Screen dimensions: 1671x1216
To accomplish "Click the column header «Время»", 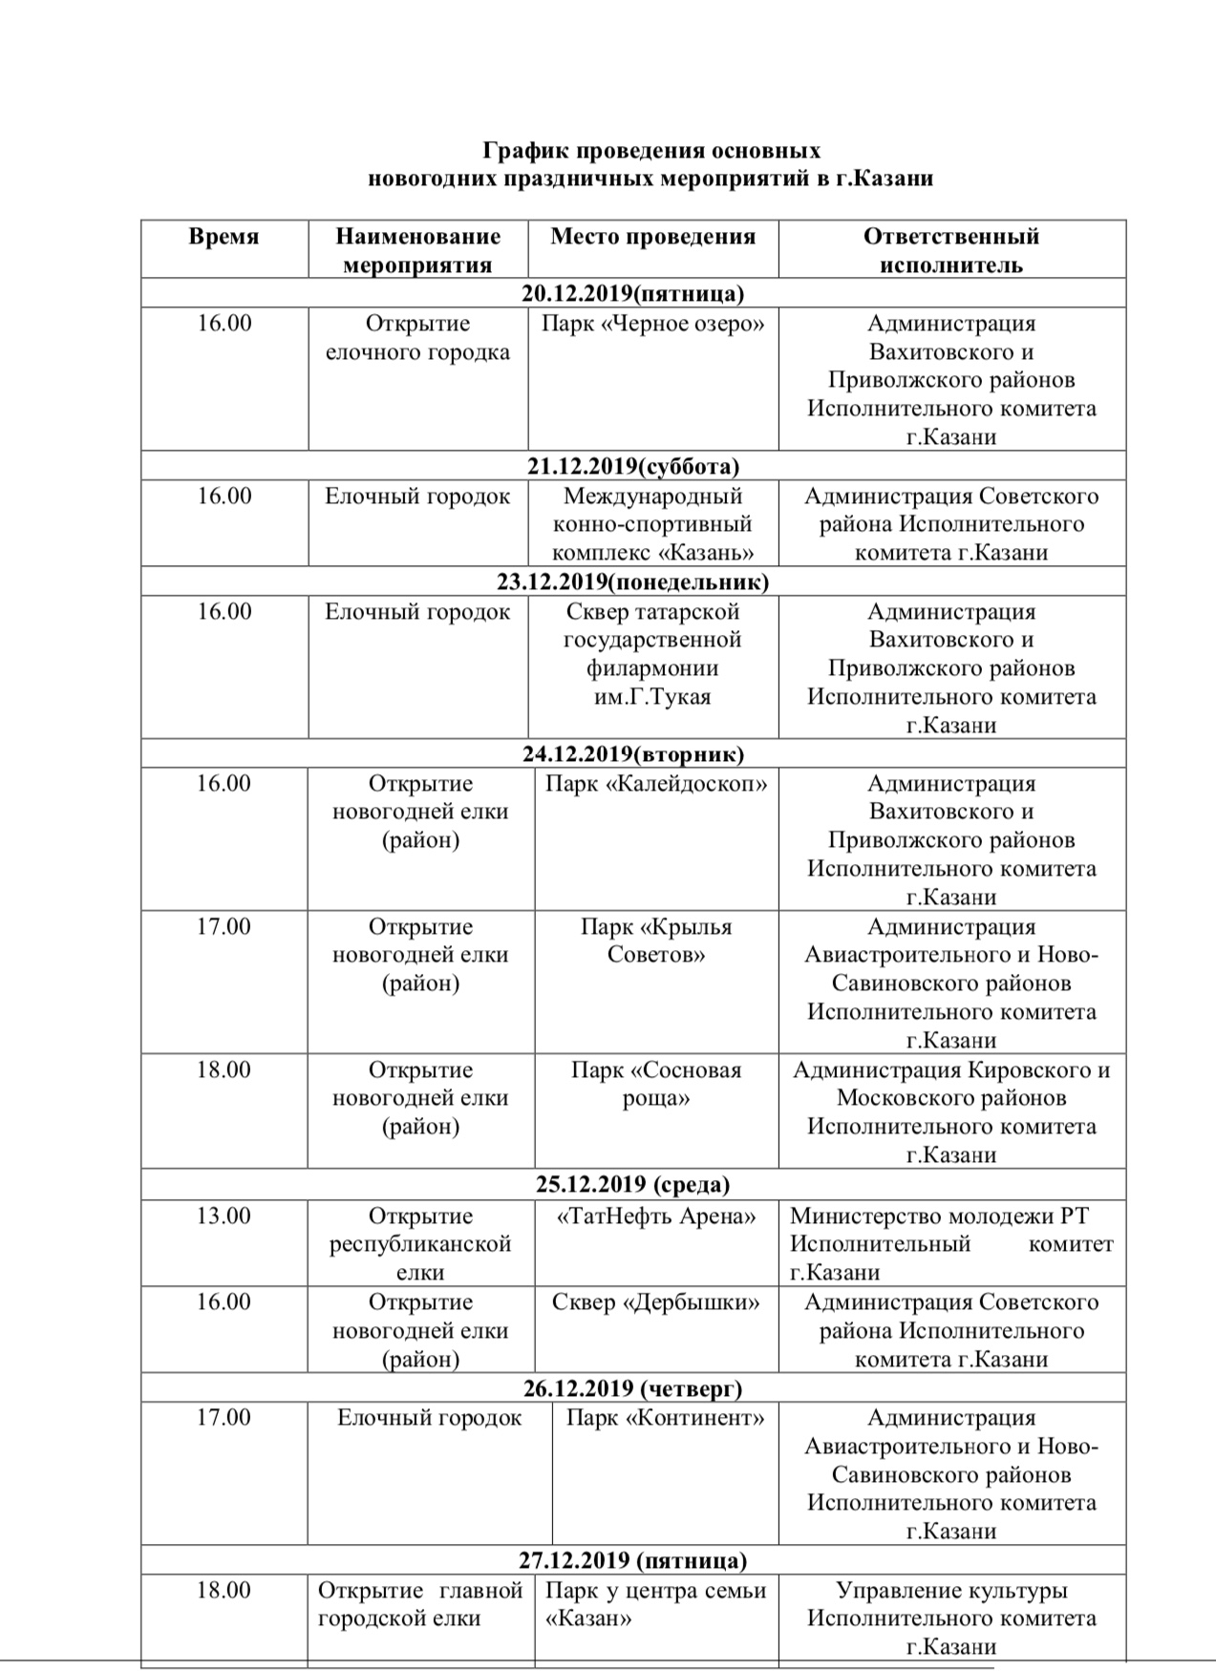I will [x=224, y=237].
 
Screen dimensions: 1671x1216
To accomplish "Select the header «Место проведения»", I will [x=652, y=237].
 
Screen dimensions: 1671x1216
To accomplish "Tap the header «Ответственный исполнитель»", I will [x=950, y=250].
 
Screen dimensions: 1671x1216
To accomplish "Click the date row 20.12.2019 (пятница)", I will [x=632, y=293].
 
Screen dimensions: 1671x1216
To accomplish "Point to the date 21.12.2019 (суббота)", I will [x=632, y=466].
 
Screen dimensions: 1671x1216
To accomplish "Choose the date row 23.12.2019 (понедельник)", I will [x=632, y=582].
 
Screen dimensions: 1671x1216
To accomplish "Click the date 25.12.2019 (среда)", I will [x=632, y=1185].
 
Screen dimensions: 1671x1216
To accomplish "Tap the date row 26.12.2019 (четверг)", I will [x=632, y=1388].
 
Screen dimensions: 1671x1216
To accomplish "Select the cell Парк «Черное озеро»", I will [x=653, y=324].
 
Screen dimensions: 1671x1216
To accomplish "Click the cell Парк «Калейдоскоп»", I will [x=656, y=784].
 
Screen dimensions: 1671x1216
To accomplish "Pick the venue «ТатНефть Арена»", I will [x=656, y=1216].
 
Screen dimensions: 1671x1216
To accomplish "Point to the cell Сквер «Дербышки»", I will [x=656, y=1302].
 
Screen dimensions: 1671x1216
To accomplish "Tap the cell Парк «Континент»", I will [x=665, y=1418].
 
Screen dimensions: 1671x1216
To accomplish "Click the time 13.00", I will [x=224, y=1216].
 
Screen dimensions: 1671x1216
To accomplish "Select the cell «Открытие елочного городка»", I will [x=418, y=338].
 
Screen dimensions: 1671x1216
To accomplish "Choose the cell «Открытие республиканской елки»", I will [x=420, y=1244].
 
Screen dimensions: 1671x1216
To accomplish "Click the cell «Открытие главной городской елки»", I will [x=420, y=1604].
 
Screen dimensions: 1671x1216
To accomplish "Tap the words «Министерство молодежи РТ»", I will [x=939, y=1216].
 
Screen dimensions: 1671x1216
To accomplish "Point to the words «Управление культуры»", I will [x=951, y=1591].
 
